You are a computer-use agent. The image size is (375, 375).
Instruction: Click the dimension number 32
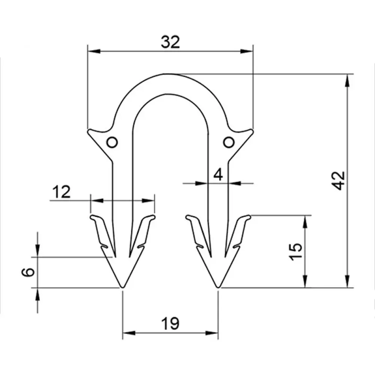pyautogui.click(x=170, y=42)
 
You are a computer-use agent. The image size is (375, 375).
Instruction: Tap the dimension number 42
pyautogui.click(x=339, y=181)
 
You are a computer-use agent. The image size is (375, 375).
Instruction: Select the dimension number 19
pyautogui.click(x=170, y=324)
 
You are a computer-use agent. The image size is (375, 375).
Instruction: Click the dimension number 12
pyautogui.click(x=61, y=192)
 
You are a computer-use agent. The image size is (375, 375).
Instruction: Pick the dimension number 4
pyautogui.click(x=218, y=175)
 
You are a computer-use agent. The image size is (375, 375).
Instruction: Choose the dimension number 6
pyautogui.click(x=28, y=272)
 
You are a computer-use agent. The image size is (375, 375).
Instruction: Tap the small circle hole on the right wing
pyautogui.click(x=229, y=142)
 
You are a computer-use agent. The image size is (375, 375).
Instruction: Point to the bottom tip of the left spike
pyautogui.click(x=122, y=287)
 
